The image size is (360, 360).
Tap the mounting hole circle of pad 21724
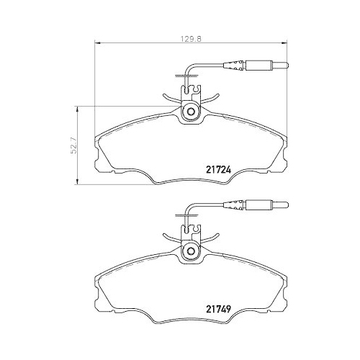click(x=192, y=112)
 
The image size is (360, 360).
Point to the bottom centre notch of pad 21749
click(x=192, y=319)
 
